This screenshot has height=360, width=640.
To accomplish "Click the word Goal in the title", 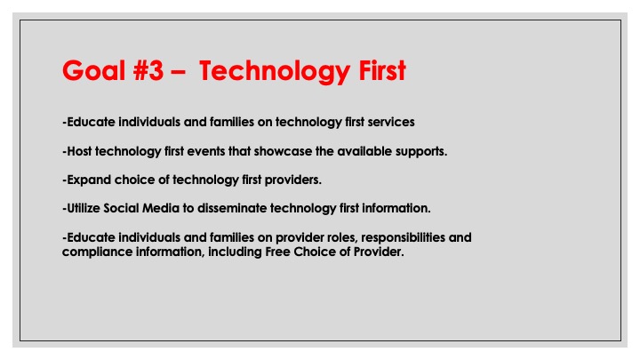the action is [93, 70].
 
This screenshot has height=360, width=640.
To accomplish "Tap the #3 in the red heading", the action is [148, 70].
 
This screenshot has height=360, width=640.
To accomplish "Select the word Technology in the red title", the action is [275, 72].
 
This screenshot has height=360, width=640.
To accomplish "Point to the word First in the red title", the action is [382, 70].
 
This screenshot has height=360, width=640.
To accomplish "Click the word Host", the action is [79, 151].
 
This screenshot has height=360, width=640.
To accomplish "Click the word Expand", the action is [89, 180].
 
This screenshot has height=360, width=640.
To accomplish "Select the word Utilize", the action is [84, 208].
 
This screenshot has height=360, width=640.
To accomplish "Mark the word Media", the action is [161, 208].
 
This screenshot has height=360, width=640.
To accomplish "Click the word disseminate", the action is [232, 208].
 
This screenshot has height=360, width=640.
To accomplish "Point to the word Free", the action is [277, 252].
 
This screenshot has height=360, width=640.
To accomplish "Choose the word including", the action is [235, 252].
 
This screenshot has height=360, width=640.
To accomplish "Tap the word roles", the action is [342, 238].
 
